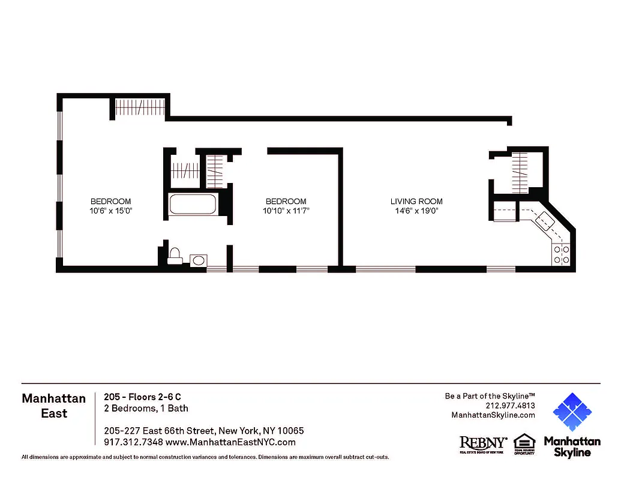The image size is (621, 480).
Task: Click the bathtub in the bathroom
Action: click(193, 204)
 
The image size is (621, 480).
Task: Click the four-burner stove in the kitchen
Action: click(562, 255)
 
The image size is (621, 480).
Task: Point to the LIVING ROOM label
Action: click(416, 202)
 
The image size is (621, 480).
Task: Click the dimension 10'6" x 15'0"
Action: click(110, 211)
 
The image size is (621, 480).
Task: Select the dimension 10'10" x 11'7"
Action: click(286, 211)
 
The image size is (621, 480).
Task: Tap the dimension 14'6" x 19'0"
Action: click(416, 211)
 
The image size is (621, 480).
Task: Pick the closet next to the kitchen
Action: click(520, 170)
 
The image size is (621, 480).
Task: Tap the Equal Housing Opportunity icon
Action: click(524, 445)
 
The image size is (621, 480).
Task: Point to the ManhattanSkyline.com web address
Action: click(493, 415)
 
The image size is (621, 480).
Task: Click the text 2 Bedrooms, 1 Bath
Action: click(146, 409)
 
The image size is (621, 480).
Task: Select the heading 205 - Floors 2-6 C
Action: click(142, 397)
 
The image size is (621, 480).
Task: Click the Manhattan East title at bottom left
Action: click(53, 406)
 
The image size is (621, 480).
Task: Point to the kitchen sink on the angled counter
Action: click(545, 221)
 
